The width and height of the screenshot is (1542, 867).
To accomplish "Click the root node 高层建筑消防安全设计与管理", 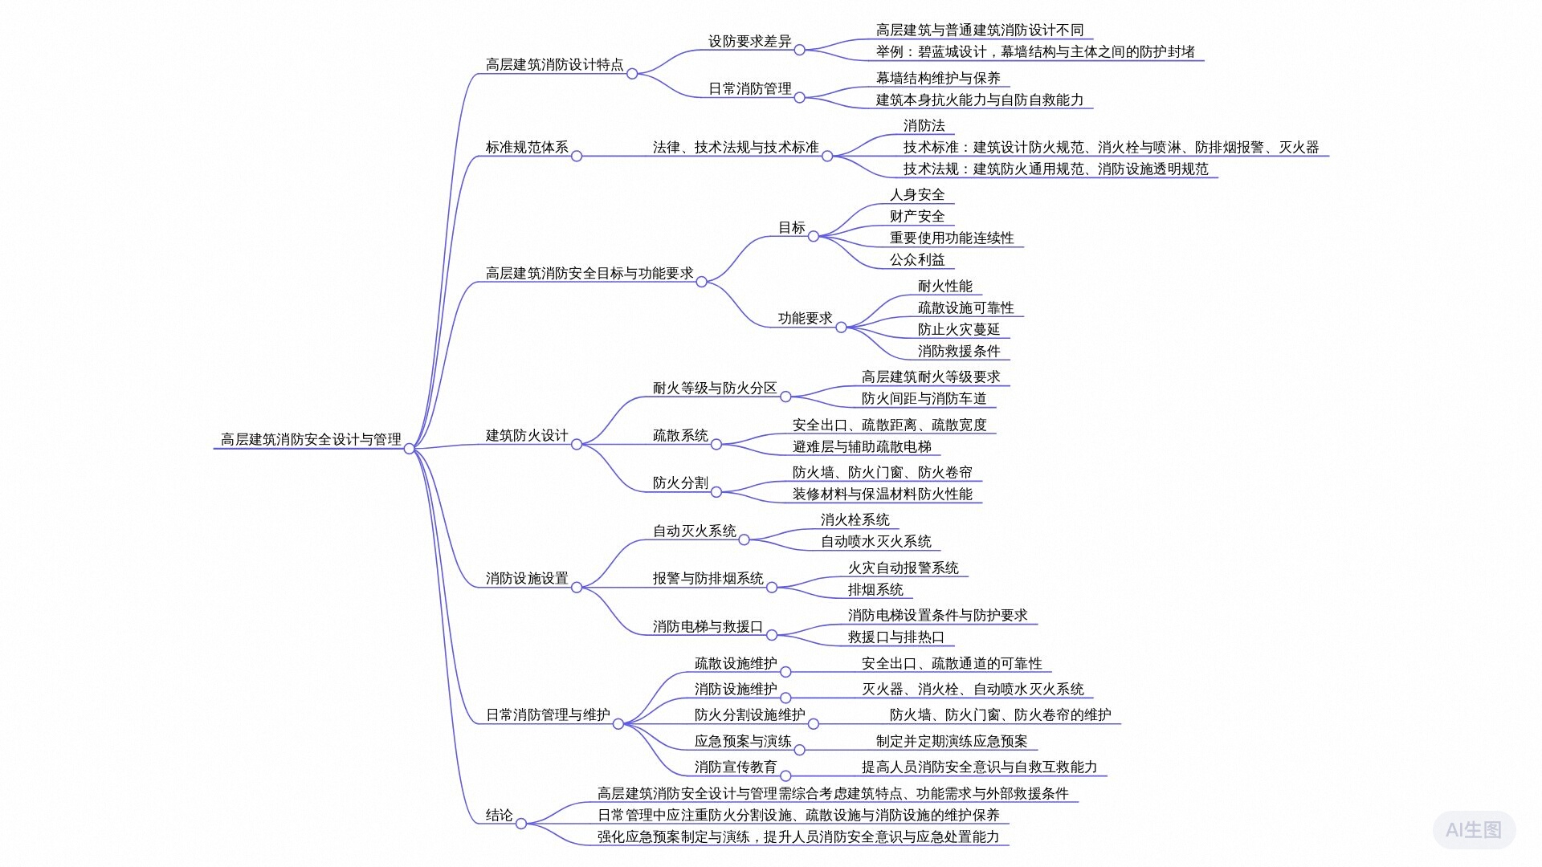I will click(311, 439).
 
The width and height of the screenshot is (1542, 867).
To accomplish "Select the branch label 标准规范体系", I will click(527, 147).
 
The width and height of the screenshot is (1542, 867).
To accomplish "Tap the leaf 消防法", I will click(924, 125).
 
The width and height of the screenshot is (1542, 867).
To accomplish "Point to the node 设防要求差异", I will click(749, 41).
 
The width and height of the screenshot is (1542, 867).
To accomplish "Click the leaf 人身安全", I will click(917, 194).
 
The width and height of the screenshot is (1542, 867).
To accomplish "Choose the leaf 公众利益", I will click(917, 259).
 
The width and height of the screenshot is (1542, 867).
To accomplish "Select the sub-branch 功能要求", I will click(805, 318).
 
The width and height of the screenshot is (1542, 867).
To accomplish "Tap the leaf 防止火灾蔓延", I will click(959, 329).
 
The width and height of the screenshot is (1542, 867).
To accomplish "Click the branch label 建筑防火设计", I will click(527, 435).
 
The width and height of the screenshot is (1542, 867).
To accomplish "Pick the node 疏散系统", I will click(680, 435).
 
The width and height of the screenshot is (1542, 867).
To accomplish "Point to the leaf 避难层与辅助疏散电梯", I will click(862, 446).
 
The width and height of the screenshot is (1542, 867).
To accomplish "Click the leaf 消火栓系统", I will click(855, 519).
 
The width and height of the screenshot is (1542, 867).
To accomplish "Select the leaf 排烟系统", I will click(875, 589).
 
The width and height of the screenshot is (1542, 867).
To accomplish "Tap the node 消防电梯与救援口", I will click(708, 626).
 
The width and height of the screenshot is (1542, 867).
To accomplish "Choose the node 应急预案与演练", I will click(743, 741).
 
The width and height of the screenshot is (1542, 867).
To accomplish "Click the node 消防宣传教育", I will click(736, 767).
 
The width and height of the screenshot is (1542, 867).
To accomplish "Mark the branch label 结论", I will click(499, 815).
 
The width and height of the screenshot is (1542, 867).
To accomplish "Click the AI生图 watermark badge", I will click(1474, 830).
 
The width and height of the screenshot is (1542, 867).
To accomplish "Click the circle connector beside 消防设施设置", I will click(577, 588).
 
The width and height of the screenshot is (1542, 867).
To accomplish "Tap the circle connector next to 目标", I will click(814, 236).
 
